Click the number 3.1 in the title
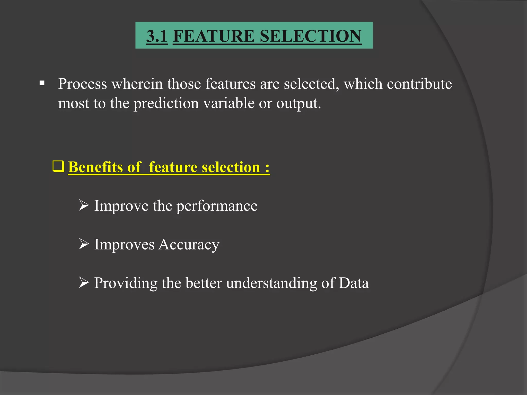pos(157,36)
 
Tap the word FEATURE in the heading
pos(214,36)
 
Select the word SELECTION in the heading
pos(311,36)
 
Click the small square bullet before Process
pos(42,84)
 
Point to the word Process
pos(82,84)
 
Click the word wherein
pos(137,84)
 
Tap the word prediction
pos(166,104)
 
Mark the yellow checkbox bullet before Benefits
pos(58,166)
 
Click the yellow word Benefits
pos(95,167)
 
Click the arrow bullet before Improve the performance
pos(84,205)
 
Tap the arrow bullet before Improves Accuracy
pos(84,244)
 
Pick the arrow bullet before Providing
pos(84,282)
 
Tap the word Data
pos(354,283)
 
